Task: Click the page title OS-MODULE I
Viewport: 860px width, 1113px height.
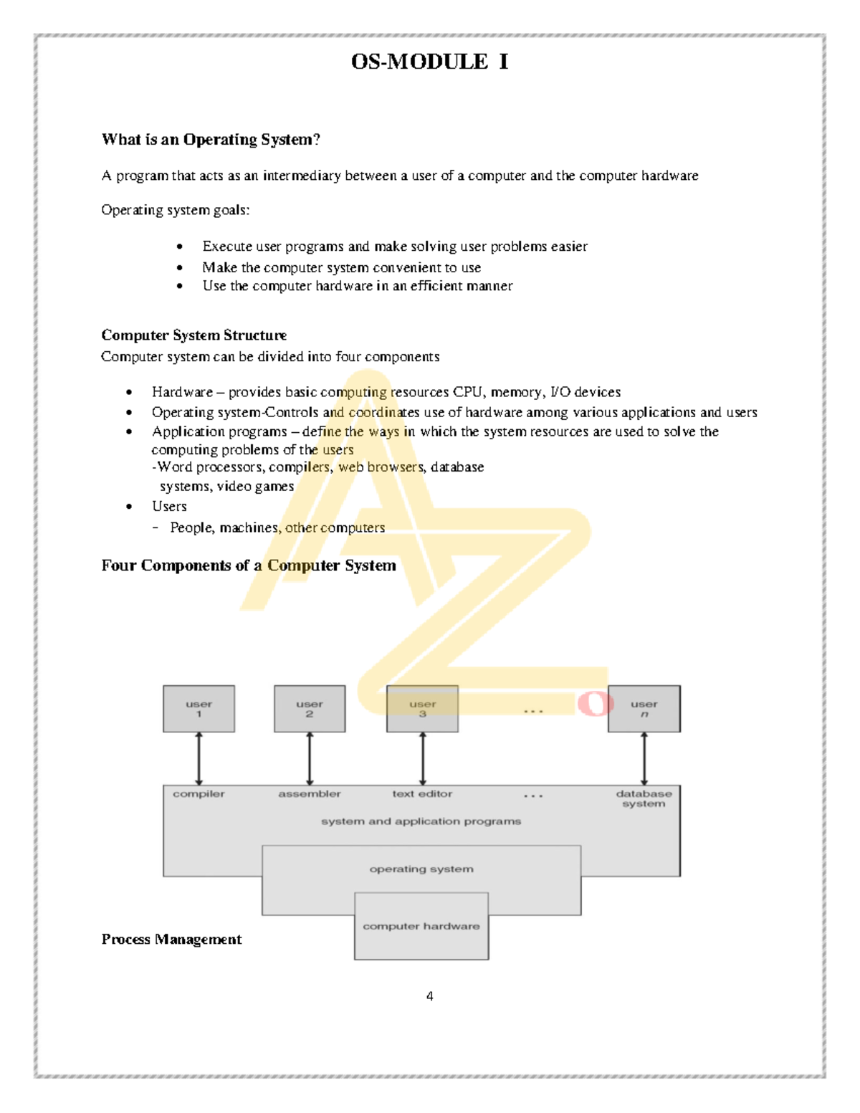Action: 429,62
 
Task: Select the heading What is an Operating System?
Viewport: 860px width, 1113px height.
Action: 211,139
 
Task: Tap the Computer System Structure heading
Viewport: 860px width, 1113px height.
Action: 193,335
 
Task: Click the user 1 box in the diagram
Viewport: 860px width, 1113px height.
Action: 199,709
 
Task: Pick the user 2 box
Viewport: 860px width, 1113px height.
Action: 310,709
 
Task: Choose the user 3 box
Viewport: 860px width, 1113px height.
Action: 422,709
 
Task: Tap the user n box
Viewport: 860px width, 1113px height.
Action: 644,709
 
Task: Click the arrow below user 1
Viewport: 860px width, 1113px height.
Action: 199,758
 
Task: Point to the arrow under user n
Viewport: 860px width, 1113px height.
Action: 644,758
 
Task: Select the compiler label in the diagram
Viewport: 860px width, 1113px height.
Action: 199,794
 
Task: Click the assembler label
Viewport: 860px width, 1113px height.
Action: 310,794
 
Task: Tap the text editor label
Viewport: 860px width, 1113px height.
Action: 422,794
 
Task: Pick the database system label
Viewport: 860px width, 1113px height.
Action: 644,798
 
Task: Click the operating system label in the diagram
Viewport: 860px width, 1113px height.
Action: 421,869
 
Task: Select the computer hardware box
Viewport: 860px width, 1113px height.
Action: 421,926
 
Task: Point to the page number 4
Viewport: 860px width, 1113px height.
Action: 429,996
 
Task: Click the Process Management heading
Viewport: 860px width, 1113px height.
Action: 171,939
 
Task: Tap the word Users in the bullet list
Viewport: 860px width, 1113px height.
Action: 169,506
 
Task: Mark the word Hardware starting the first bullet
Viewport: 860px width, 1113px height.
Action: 182,392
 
